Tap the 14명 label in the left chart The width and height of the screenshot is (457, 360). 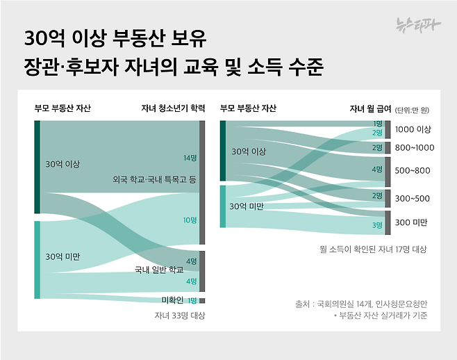tap(190, 158)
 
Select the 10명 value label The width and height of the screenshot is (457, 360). tap(190, 220)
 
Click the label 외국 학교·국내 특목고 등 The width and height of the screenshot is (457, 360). tap(154, 179)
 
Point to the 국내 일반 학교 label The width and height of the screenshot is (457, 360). tap(158, 269)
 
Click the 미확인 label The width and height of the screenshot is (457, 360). tap(172, 300)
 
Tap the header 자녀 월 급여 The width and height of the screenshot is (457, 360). tap(369, 108)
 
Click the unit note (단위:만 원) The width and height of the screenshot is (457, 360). tap(413, 109)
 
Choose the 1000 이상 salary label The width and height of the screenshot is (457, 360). tap(413, 129)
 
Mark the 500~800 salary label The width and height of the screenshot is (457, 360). tap(413, 170)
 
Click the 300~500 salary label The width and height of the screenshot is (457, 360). tap(413, 198)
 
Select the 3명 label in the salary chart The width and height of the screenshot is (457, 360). tap(377, 225)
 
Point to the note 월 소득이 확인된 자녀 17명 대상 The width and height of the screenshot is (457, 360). tap(373, 249)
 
